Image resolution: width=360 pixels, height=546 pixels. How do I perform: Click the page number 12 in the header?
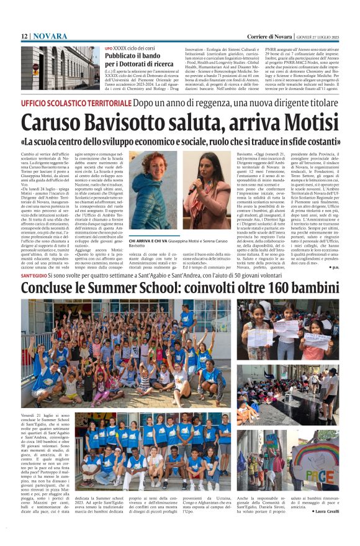pyautogui.click(x=24, y=37)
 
